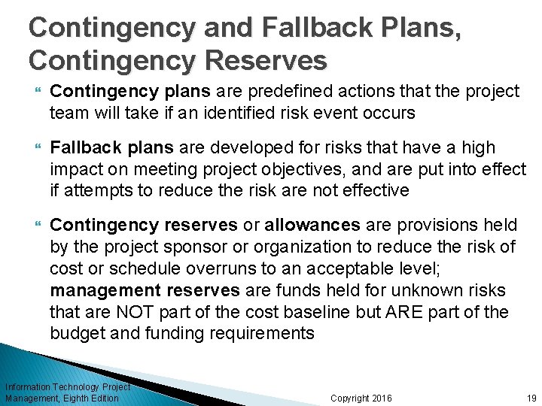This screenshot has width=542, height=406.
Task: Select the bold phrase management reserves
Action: click(x=145, y=290)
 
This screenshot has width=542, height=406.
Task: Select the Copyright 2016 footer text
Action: click(x=361, y=398)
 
